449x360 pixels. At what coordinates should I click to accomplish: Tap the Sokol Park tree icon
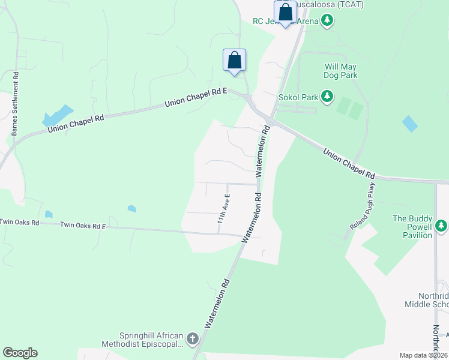click(327, 96)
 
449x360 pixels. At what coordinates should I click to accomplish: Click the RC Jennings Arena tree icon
click(327, 22)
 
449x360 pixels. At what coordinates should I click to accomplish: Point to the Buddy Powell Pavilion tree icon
click(441, 226)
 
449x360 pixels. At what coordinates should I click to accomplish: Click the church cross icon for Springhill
click(192, 339)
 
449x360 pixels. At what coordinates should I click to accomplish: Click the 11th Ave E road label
click(224, 208)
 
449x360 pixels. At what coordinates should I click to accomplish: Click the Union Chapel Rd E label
click(196, 98)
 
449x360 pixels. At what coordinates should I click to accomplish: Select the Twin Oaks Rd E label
click(82, 226)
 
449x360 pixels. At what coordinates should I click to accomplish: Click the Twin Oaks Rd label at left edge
click(19, 222)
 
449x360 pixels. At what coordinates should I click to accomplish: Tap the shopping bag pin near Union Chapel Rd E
click(234, 60)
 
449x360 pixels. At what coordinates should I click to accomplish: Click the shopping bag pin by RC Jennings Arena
click(285, 12)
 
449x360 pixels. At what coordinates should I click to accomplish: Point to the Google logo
click(20, 353)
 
